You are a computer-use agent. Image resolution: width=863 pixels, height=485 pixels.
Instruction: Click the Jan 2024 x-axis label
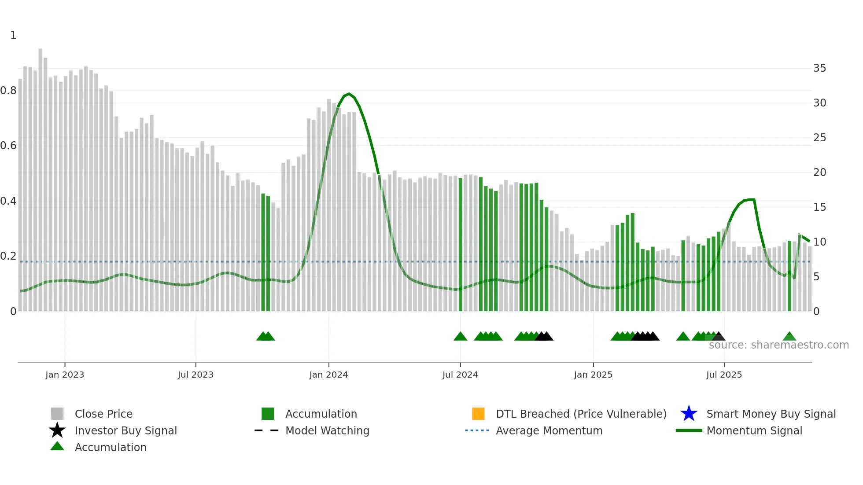tap(328, 375)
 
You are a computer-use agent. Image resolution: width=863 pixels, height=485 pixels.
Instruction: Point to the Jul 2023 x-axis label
tap(195, 375)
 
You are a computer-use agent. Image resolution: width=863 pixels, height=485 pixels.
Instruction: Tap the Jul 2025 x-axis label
tap(724, 375)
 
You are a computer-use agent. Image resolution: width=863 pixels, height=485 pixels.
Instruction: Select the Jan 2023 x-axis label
tap(65, 375)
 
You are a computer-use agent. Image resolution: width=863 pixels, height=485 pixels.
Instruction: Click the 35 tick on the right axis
tap(819, 68)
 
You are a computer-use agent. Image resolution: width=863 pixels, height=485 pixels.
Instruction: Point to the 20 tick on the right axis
tap(819, 173)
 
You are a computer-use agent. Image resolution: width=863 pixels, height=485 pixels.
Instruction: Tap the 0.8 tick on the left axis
tap(8, 91)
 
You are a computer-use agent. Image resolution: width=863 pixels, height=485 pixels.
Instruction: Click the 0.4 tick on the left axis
tap(8, 201)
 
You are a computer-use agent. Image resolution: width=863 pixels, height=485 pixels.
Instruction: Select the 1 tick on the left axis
tap(13, 35)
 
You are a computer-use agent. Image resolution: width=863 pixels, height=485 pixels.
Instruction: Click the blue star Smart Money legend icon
tap(689, 414)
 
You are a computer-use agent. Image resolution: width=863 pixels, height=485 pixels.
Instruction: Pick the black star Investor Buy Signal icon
tap(57, 430)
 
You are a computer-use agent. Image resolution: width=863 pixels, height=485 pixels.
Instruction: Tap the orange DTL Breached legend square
tap(478, 414)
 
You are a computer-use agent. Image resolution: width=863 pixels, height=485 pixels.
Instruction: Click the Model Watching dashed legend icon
tap(266, 430)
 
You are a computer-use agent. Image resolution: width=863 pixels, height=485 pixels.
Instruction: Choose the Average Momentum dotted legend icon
tap(477, 430)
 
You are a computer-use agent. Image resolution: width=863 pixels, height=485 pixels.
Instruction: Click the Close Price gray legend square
tap(57, 414)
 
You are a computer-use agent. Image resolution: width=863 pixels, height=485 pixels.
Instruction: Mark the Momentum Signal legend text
tap(754, 430)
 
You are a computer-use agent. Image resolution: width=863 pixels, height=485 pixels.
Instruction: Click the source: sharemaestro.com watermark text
tap(778, 345)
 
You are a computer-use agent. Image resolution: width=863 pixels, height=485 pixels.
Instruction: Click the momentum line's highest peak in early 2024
tap(349, 94)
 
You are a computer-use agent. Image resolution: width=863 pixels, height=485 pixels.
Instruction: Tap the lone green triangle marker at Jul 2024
tap(460, 337)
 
